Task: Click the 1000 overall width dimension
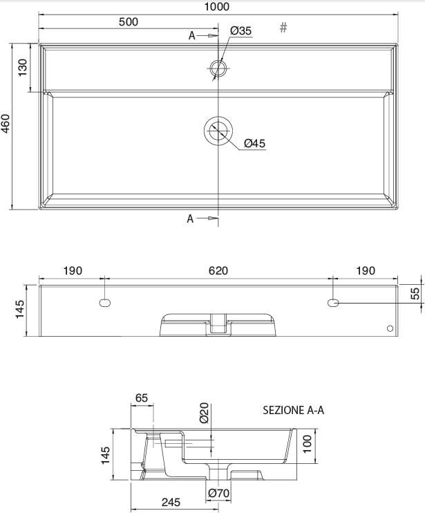(x=217, y=7)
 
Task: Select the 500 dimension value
(x=129, y=21)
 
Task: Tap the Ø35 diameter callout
(x=240, y=30)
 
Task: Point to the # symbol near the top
(x=283, y=28)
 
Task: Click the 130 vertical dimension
(x=22, y=67)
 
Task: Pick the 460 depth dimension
(x=6, y=124)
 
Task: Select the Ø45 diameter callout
(x=254, y=143)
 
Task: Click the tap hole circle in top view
(x=218, y=68)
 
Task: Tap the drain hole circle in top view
(x=219, y=130)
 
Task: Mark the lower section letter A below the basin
(x=190, y=218)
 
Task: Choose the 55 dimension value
(x=415, y=294)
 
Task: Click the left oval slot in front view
(x=104, y=302)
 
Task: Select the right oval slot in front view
(x=333, y=302)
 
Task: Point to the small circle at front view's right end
(x=389, y=328)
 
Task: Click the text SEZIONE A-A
(x=293, y=410)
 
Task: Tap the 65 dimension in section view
(x=141, y=398)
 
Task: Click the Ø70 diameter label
(x=218, y=493)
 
